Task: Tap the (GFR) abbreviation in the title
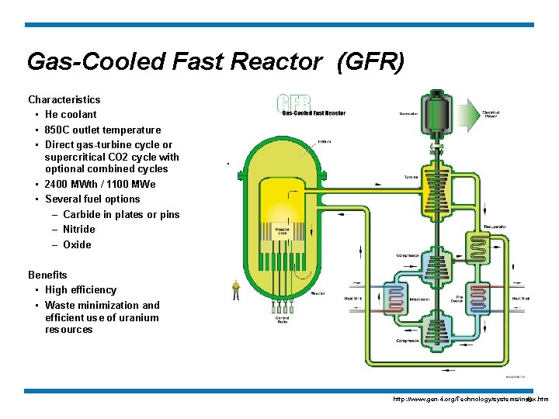click(x=370, y=61)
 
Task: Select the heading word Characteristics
click(x=64, y=99)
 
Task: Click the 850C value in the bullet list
click(x=58, y=130)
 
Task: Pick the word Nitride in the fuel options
click(x=78, y=229)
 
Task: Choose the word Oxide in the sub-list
click(x=77, y=244)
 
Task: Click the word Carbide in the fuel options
click(x=82, y=214)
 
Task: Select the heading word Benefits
click(x=47, y=275)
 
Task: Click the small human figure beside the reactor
click(x=236, y=290)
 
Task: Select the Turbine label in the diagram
click(x=411, y=177)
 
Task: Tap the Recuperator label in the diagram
click(x=495, y=226)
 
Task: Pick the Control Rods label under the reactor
click(x=283, y=319)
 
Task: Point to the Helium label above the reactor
click(x=325, y=141)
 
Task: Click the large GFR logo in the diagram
click(x=294, y=103)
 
